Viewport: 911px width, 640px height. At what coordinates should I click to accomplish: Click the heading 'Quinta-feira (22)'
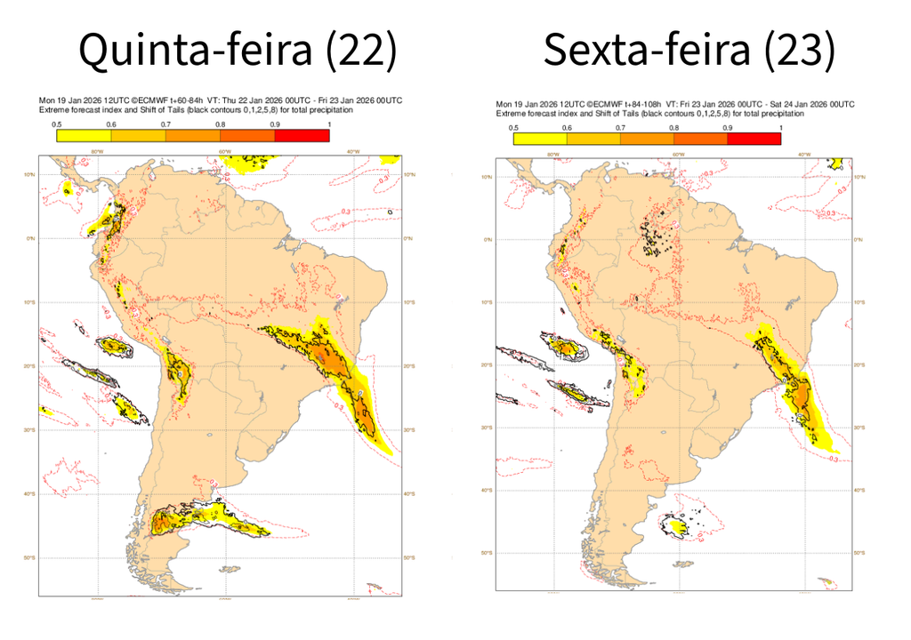click(x=238, y=50)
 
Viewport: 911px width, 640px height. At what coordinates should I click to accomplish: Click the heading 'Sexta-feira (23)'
click(x=689, y=50)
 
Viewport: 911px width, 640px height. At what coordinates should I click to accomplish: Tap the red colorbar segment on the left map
click(x=302, y=136)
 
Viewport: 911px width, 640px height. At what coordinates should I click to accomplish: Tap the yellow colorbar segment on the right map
click(x=540, y=139)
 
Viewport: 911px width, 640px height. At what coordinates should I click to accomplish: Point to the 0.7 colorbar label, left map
click(x=165, y=125)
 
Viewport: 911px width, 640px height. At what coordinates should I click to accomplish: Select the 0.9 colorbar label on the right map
click(x=728, y=128)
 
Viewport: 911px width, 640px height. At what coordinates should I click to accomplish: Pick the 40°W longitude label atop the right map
click(x=803, y=155)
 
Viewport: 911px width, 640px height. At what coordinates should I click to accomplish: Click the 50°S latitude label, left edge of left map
click(x=29, y=557)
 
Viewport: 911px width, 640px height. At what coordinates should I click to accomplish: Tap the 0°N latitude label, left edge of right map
click(x=487, y=240)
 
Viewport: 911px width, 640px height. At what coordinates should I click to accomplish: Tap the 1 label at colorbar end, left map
click(x=329, y=125)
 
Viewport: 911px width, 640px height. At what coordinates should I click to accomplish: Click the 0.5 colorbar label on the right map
click(x=513, y=128)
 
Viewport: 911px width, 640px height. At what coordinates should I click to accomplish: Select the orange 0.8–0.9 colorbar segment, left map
click(x=247, y=136)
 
